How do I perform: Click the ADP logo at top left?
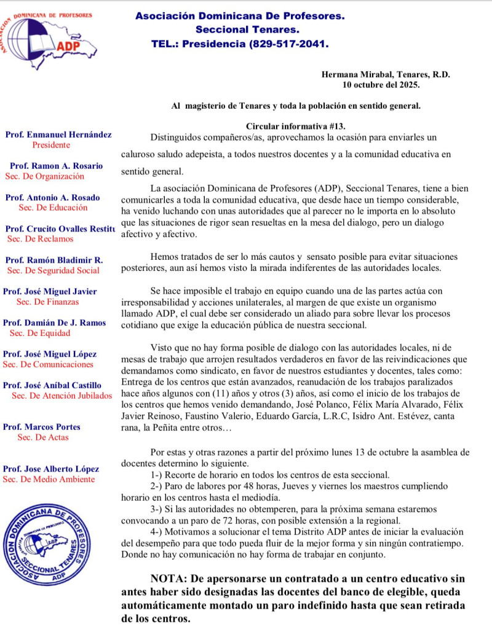coord(47,36)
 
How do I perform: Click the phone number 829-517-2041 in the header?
coord(288,44)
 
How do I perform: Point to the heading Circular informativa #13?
coord(295,125)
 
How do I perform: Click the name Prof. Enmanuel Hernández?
coord(58,135)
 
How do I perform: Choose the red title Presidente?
coord(51,145)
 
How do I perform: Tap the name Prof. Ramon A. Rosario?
coord(56,166)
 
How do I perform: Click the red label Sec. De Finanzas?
coord(47,302)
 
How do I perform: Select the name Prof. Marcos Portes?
coord(42,427)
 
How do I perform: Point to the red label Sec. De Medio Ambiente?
coord(49,479)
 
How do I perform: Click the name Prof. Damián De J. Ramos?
coord(54,322)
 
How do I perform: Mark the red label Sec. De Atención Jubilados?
coord(61,395)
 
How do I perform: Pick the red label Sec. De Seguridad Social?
coord(53,270)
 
